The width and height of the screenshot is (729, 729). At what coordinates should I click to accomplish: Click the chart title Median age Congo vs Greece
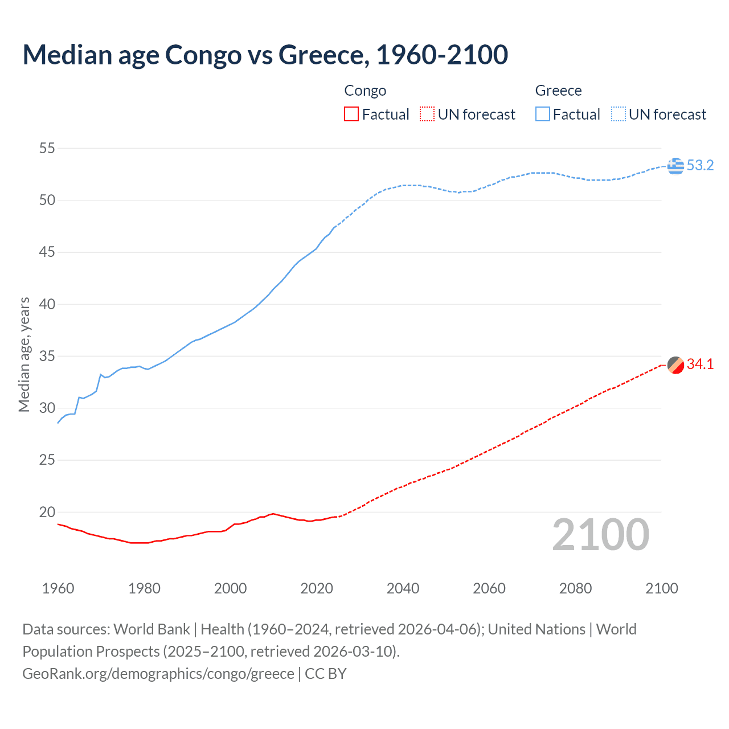pyautogui.click(x=265, y=55)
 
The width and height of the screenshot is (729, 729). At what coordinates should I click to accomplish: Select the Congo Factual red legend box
pyautogui.click(x=351, y=114)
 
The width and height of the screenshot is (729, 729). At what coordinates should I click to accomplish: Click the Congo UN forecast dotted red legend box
pyautogui.click(x=427, y=114)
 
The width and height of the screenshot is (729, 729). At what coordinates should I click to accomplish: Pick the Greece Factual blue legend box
pyautogui.click(x=542, y=114)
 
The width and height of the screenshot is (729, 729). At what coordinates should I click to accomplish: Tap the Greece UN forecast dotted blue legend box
pyautogui.click(x=618, y=114)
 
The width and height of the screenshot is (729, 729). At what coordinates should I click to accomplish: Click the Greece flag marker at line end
pyautogui.click(x=675, y=166)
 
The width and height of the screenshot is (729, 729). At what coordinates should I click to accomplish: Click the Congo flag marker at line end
pyautogui.click(x=675, y=365)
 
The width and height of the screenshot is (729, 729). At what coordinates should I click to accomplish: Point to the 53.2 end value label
pyautogui.click(x=700, y=166)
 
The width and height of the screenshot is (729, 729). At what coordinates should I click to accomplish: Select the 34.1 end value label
pyautogui.click(x=700, y=364)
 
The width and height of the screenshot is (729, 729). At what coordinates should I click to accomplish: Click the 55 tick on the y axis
pyautogui.click(x=47, y=149)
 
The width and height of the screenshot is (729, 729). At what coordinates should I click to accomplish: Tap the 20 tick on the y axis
pyautogui.click(x=47, y=512)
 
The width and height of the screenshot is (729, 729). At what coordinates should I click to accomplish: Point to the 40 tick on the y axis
pyautogui.click(x=47, y=304)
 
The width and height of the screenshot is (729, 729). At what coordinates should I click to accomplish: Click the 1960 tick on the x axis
pyautogui.click(x=58, y=588)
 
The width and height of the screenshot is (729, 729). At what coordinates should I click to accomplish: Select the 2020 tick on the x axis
pyautogui.click(x=317, y=588)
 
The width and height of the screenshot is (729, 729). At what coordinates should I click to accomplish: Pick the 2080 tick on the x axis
pyautogui.click(x=575, y=588)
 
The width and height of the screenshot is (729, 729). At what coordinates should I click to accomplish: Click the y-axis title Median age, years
pyautogui.click(x=24, y=354)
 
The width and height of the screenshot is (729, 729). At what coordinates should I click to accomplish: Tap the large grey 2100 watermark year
pyautogui.click(x=600, y=534)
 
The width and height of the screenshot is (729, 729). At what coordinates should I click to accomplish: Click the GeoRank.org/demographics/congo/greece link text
pyautogui.click(x=158, y=674)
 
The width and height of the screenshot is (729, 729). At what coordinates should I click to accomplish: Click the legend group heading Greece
pyautogui.click(x=558, y=91)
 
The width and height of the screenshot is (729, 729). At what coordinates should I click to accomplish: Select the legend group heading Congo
pyautogui.click(x=365, y=91)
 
